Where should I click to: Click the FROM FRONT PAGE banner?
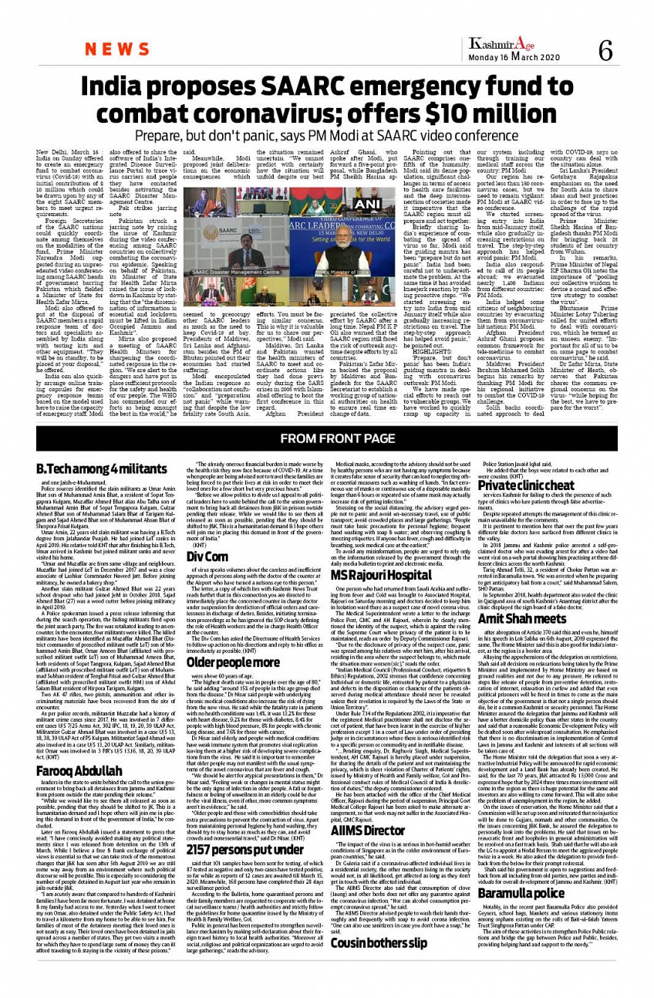pyautogui.click(x=326, y=444)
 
